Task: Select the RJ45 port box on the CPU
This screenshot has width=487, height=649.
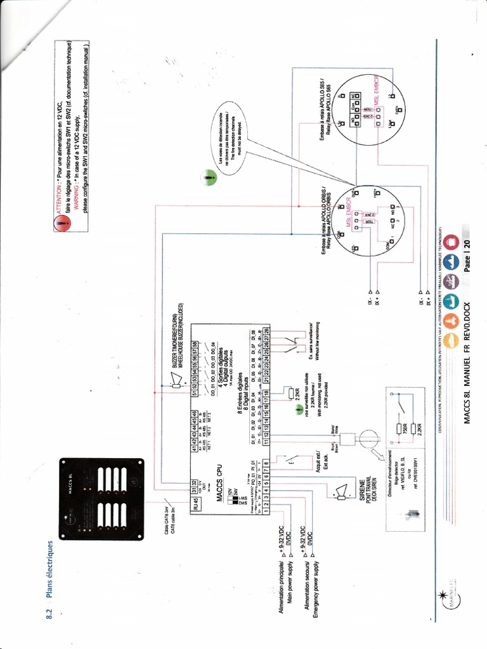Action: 197,504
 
